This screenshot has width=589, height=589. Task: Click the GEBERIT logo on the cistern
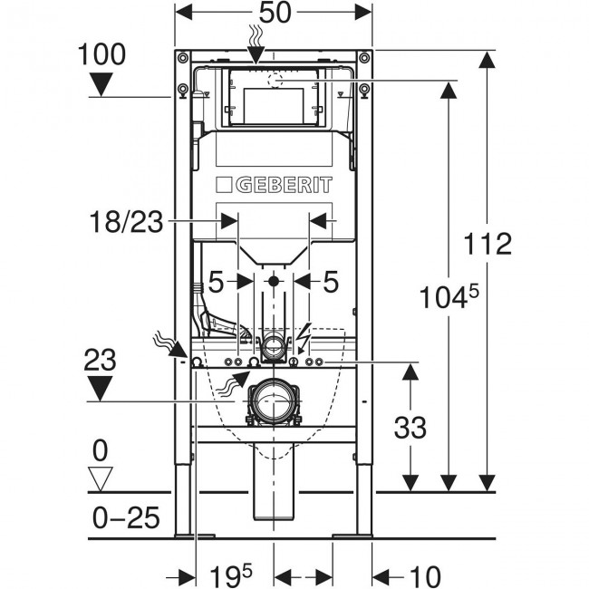[273, 186]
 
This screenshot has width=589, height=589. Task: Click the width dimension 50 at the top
[273, 15]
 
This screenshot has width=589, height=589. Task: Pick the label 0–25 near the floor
[127, 517]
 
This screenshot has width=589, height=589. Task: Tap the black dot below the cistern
[273, 282]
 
